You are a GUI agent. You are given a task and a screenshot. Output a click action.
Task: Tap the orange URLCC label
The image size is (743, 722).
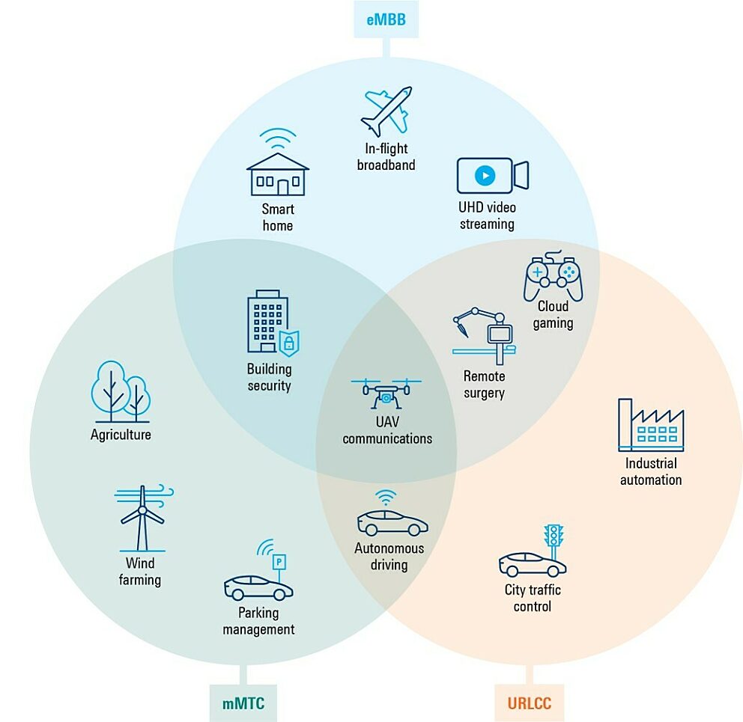click(530, 703)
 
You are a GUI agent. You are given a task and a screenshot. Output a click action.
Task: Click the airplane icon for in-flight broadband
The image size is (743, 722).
click(386, 111)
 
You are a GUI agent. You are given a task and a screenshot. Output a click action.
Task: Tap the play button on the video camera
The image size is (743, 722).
click(485, 176)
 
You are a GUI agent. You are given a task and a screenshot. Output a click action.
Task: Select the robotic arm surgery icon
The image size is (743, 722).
click(484, 334)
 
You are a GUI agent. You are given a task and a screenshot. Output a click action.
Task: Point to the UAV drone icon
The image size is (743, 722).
click(386, 393)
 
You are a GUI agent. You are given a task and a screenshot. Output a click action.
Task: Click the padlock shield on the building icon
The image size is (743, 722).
click(288, 343)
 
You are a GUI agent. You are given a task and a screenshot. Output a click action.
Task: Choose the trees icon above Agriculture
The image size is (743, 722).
click(121, 391)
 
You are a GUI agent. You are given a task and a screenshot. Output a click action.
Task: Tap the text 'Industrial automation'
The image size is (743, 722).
click(650, 472)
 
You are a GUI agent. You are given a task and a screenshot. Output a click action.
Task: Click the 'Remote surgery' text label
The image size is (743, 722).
click(484, 385)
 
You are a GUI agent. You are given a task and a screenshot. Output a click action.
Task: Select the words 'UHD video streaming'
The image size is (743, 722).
click(487, 215)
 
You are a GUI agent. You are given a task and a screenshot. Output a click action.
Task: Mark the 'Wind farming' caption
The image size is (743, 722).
click(140, 572)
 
